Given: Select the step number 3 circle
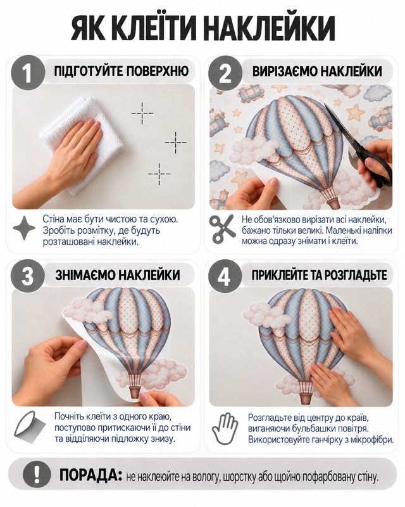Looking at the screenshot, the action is pyautogui.click(x=27, y=276).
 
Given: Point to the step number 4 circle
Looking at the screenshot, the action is pyautogui.click(x=225, y=276).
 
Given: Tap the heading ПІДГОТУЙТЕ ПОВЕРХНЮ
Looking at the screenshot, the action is pyautogui.click(x=121, y=71).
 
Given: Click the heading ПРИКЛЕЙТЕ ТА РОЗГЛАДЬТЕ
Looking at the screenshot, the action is pyautogui.click(x=319, y=275).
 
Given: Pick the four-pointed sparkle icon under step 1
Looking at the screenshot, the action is pyautogui.click(x=24, y=228).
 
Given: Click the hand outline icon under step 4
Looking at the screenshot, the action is pyautogui.click(x=225, y=428).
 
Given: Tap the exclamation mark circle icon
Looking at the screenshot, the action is pyautogui.click(x=37, y=475).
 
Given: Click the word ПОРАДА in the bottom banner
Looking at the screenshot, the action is pyautogui.click(x=90, y=475).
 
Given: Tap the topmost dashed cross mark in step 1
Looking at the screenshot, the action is pyautogui.click(x=142, y=113).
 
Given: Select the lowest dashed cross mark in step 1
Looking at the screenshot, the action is pyautogui.click(x=159, y=174).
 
